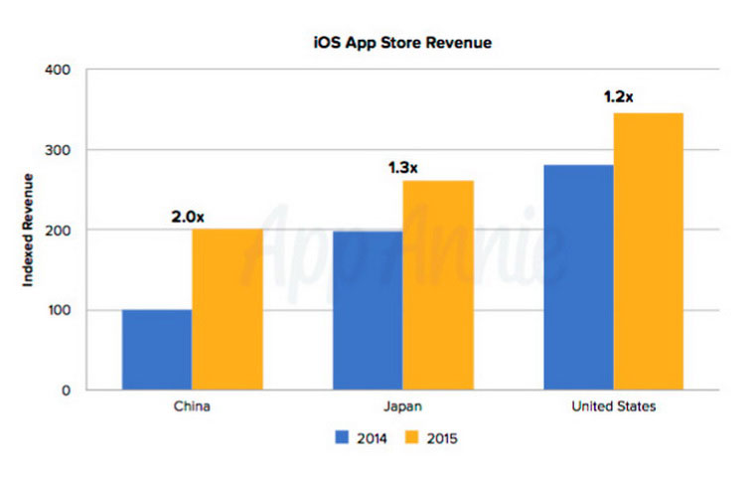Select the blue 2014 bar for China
coord(157,350)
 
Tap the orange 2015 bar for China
coord(227,309)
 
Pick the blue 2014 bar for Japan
coord(368,310)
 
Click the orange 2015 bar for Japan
coord(438,285)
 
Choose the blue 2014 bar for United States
coord(578,277)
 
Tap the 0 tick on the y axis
coord(65,391)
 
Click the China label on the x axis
coord(192,406)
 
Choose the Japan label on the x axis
coord(402,406)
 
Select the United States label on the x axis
coord(613,406)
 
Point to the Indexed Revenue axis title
coord(29,231)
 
